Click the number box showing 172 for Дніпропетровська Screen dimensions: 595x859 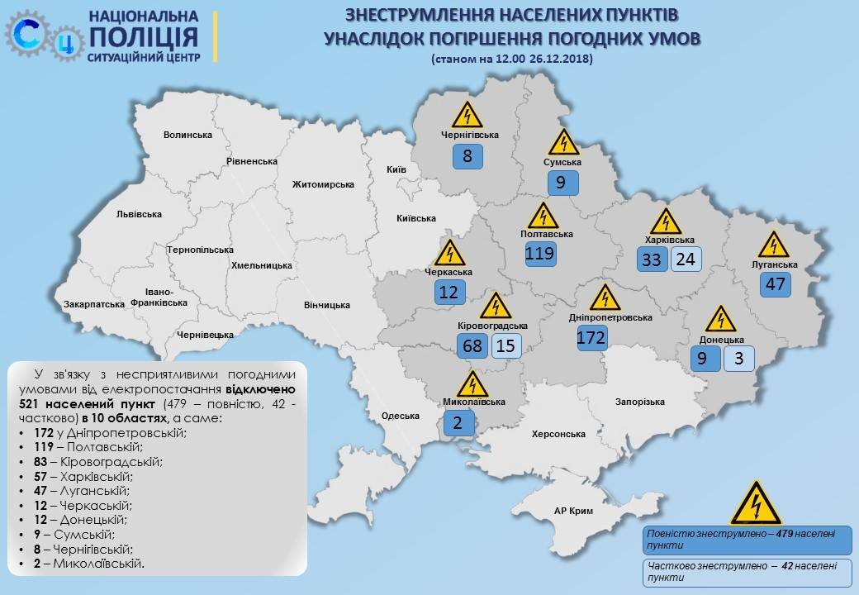point(592,337)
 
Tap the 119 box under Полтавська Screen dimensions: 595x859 point(539,253)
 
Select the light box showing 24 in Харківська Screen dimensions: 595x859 point(686,259)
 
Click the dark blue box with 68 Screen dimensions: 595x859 point(472,345)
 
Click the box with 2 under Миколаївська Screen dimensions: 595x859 point(458,423)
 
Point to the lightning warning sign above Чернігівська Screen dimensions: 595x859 point(467,115)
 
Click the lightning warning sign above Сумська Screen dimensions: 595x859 point(563,143)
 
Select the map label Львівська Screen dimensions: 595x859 point(139,214)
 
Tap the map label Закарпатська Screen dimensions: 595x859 point(93,304)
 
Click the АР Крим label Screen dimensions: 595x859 point(575,511)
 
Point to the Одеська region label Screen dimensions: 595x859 point(401,416)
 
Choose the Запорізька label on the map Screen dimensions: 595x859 point(639,402)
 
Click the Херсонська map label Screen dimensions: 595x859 point(558,434)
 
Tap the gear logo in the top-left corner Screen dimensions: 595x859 point(41,34)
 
